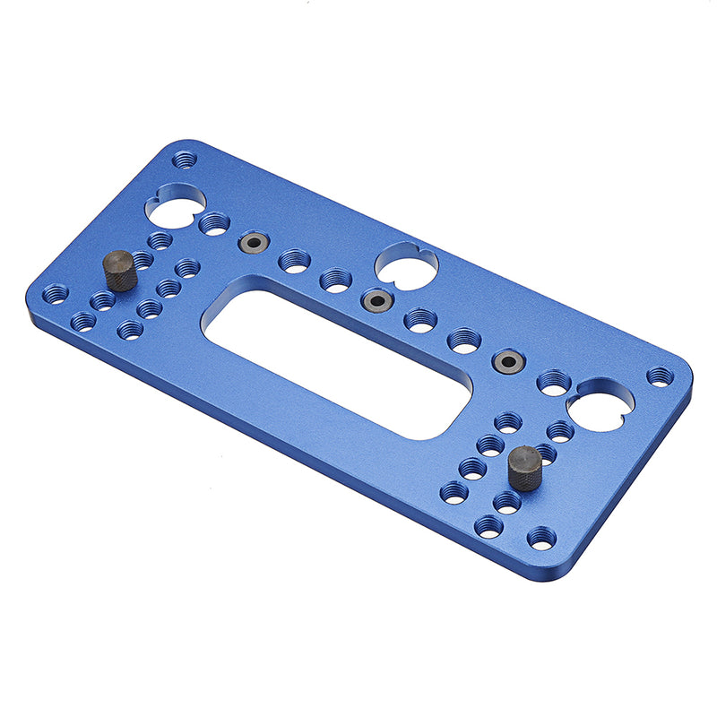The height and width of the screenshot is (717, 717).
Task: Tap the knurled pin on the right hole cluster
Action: click(x=524, y=468)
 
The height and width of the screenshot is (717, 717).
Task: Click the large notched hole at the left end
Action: click(x=175, y=204)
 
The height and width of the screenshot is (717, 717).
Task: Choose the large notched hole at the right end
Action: click(x=600, y=404)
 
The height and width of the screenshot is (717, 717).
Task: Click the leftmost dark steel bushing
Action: click(x=253, y=242)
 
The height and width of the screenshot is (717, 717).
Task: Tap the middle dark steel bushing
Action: click(x=377, y=299)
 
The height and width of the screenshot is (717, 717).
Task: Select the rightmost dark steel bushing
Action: click(x=509, y=361)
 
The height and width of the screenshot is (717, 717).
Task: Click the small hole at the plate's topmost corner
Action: click(x=185, y=160)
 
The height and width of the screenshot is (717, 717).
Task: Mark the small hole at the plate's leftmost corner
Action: click(x=56, y=294)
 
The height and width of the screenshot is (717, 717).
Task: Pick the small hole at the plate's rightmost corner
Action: click(x=660, y=376)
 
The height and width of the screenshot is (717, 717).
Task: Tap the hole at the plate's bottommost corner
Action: click(x=541, y=538)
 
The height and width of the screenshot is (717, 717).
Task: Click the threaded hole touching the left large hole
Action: click(x=214, y=223)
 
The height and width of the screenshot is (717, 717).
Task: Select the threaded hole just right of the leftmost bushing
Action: click(x=294, y=261)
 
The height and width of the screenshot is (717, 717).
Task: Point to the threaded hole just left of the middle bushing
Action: click(x=335, y=281)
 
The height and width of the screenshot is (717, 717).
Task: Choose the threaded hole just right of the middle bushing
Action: click(x=419, y=319)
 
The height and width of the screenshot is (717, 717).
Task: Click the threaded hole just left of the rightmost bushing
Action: click(x=464, y=340)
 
